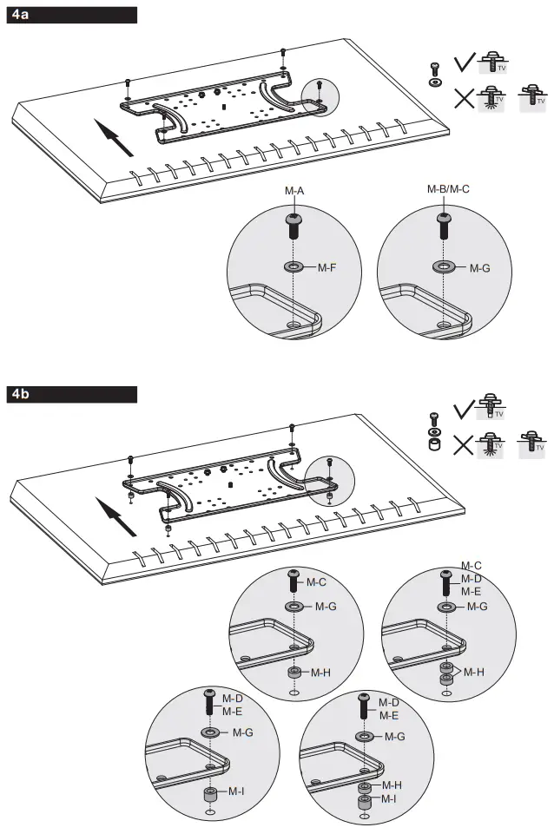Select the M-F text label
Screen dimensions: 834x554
click(326, 268)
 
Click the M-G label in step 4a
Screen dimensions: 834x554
click(479, 268)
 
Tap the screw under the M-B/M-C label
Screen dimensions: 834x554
click(445, 225)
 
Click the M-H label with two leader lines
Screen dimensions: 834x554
click(474, 672)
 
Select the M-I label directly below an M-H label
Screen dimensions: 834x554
click(389, 798)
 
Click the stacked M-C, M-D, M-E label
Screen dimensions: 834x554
click(471, 578)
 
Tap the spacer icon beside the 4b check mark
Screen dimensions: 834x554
click(434, 446)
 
